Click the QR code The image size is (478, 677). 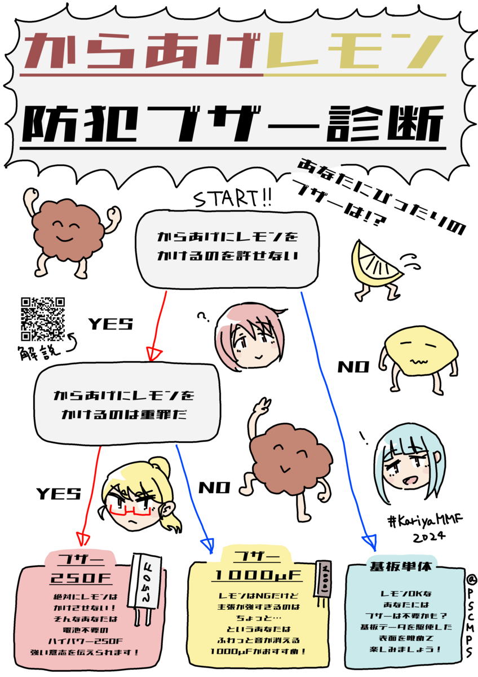pyautogui.click(x=43, y=319)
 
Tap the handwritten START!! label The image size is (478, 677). pyautogui.click(x=232, y=199)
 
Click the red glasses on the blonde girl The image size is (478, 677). pyautogui.click(x=130, y=510)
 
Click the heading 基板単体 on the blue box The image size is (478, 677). pyautogui.click(x=401, y=566)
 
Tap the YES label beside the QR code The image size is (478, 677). pyautogui.click(x=110, y=324)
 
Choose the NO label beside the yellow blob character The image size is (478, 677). pyautogui.click(x=353, y=367)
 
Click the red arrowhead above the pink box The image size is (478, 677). pyautogui.click(x=83, y=539)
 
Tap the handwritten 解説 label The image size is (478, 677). pyautogui.click(x=40, y=352)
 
